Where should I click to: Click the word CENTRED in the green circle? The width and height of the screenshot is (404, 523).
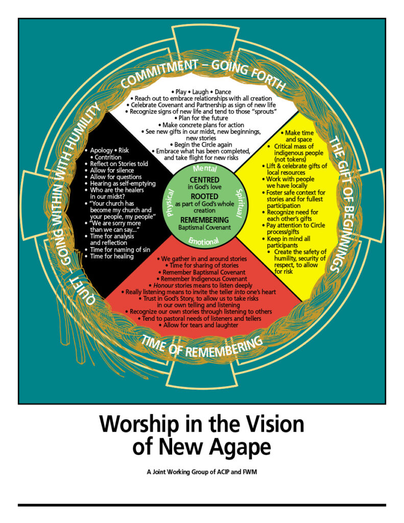(204, 180)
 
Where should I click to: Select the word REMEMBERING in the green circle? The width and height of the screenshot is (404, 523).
(204, 219)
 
